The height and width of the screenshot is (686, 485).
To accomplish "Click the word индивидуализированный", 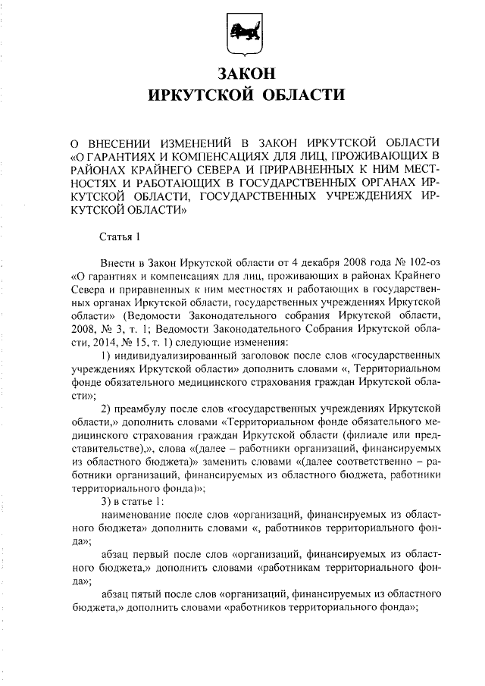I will [x=177, y=354].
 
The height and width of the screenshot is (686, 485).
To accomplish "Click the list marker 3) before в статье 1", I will [x=106, y=501].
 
